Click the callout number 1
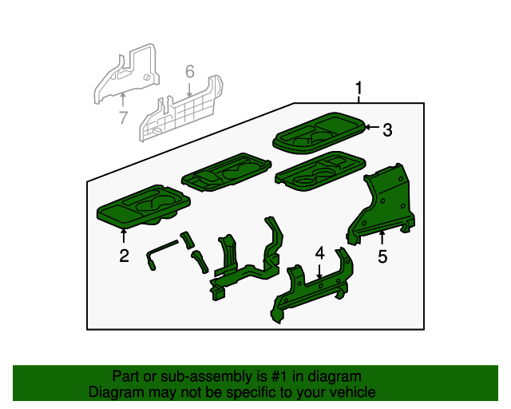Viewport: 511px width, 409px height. point(358,88)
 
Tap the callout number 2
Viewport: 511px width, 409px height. point(124,256)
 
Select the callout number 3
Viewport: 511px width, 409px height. point(387,129)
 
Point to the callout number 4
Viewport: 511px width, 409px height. point(319,253)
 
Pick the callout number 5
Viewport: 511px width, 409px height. point(382,256)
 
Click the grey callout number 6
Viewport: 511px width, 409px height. point(189,72)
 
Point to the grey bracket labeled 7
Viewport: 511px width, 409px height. point(124,76)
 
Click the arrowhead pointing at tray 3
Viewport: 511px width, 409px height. point(368,126)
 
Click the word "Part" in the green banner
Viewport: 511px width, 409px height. point(126,376)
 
